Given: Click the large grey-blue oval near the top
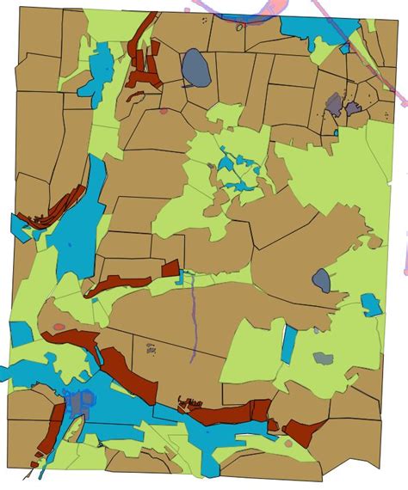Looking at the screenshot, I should [195, 68].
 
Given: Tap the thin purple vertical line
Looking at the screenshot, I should [193, 318].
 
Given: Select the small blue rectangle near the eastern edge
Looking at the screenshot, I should [370, 304].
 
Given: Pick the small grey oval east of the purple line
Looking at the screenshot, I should [321, 279].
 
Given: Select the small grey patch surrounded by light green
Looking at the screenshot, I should [323, 358].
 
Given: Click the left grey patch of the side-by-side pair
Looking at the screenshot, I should [334, 105].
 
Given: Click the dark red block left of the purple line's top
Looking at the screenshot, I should [170, 267].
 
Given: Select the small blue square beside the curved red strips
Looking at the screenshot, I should [18, 226].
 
